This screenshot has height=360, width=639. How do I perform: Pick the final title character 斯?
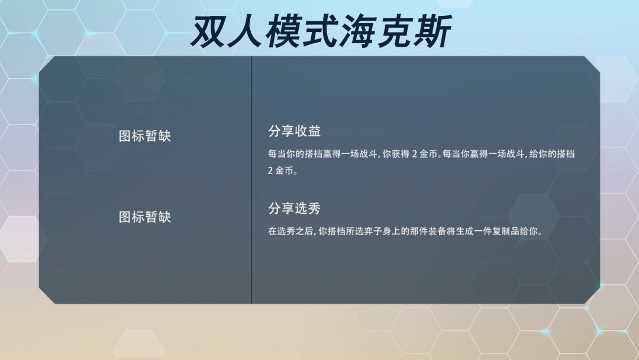433,31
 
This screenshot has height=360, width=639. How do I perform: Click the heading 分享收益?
294,131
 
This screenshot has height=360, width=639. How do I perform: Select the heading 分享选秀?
294,208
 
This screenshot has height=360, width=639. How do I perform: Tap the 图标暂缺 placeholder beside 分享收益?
145,136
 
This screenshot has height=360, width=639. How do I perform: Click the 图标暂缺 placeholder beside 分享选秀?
145,217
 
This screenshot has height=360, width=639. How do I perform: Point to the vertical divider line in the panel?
251,180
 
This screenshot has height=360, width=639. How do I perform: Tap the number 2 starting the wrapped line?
270,171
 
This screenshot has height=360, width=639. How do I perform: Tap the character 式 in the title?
321,31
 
